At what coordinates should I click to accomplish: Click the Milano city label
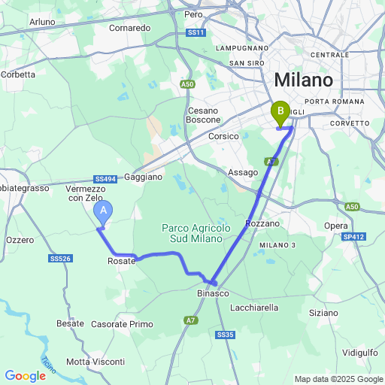(x=303, y=80)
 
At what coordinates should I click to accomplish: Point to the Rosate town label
(x=121, y=261)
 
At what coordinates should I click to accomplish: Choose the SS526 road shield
(x=60, y=259)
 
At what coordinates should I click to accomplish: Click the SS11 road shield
(x=196, y=34)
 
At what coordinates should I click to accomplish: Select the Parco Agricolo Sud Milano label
(x=192, y=233)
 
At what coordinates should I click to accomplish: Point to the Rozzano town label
(x=262, y=223)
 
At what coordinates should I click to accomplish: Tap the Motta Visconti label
(x=95, y=362)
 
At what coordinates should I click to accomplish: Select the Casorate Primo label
(x=122, y=324)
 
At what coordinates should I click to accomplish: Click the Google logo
(x=25, y=375)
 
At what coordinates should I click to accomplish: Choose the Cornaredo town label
(x=129, y=28)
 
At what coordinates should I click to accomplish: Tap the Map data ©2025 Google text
(x=338, y=379)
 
